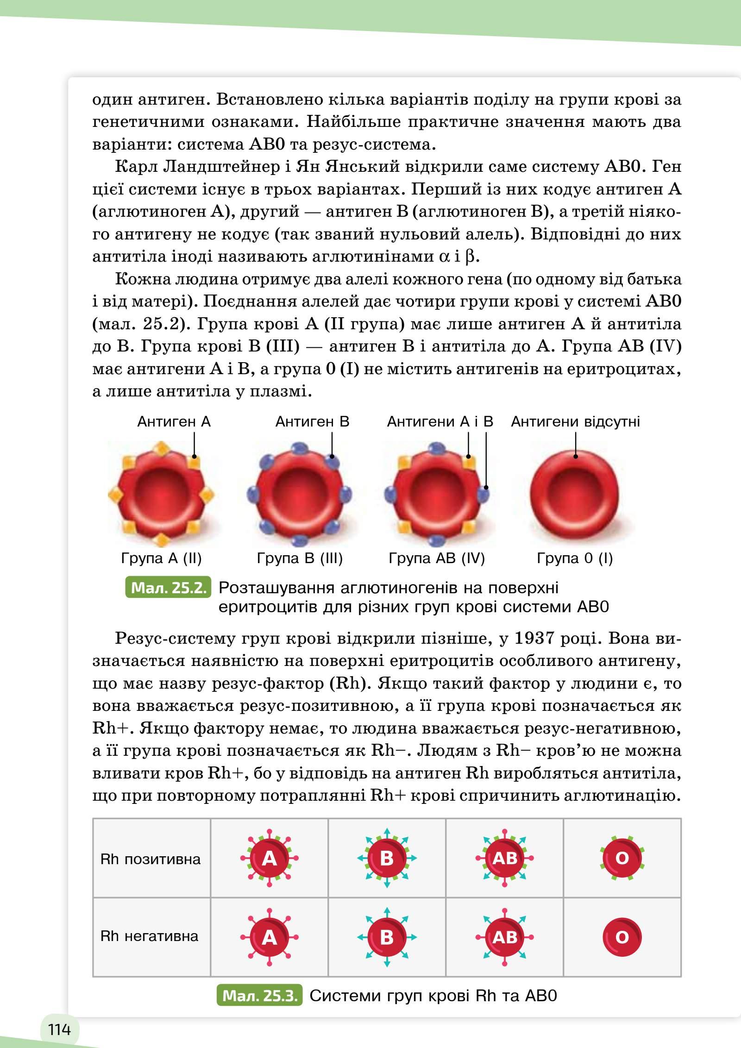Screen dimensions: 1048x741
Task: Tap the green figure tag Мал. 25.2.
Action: coord(169,588)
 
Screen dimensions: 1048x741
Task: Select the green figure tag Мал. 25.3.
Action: coord(259,995)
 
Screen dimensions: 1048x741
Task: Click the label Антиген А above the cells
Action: coord(174,421)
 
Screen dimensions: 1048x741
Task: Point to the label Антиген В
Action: coord(312,421)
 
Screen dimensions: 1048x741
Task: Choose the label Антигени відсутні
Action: coord(575,421)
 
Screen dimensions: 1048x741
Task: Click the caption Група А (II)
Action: coord(161,558)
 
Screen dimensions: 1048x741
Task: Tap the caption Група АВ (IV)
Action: coord(436,558)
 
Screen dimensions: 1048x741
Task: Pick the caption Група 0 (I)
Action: coord(575,558)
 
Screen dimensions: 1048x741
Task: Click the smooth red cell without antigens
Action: coord(574,492)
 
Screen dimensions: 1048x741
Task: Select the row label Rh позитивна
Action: coord(151,859)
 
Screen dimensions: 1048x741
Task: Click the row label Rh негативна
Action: coord(149,936)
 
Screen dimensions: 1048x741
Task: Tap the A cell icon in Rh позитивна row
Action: coord(269,859)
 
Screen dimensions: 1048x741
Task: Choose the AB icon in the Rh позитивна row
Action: coord(504,859)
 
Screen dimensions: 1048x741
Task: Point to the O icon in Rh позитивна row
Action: coord(622,859)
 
